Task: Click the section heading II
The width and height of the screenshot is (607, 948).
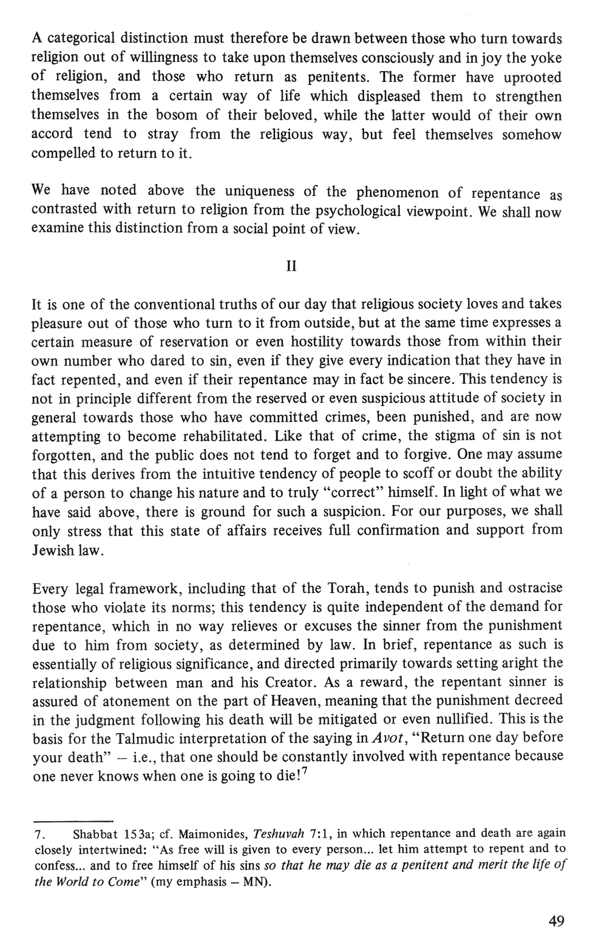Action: pyautogui.click(x=291, y=267)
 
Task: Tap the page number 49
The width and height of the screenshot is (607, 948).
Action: pyautogui.click(x=556, y=922)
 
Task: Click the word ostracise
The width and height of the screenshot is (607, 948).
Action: pyautogui.click(x=533, y=589)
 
